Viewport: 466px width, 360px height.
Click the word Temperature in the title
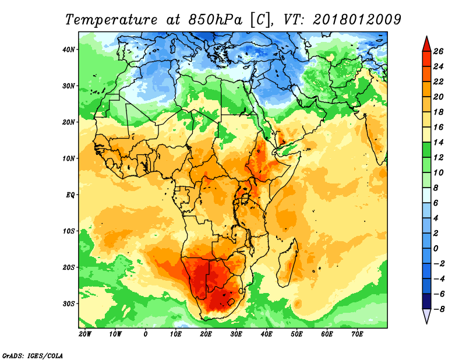coord(111,20)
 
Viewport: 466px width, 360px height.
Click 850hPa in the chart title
coord(216,20)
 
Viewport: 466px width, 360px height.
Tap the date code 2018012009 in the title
coord(357,20)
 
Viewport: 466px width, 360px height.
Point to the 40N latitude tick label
coord(68,50)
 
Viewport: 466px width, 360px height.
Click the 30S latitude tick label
coord(69,304)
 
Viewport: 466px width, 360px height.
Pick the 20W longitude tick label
coord(85,334)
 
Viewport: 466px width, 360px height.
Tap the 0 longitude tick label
coord(145,334)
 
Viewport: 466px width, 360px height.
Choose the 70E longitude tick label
coord(357,334)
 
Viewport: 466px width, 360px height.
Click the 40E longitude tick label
coord(266,334)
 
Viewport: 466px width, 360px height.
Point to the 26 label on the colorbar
coord(438,51)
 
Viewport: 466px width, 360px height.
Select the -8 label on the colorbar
coord(438,309)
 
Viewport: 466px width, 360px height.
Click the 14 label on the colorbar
coord(438,142)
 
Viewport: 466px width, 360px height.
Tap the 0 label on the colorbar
coord(436,249)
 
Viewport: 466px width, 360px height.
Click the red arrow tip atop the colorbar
coord(426,37)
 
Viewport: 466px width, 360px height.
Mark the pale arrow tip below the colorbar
coord(426,323)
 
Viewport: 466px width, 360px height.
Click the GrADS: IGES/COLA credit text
coord(33,356)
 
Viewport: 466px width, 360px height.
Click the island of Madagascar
coord(288,264)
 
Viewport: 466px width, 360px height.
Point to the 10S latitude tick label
coord(69,231)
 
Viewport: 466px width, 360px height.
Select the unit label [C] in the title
coord(260,20)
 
